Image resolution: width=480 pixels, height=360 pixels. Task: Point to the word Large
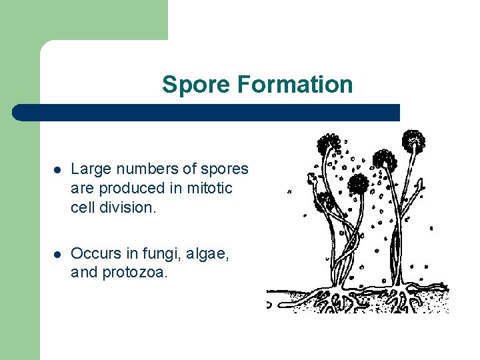point(87,170)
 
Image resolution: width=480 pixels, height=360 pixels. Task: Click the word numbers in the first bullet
point(139,169)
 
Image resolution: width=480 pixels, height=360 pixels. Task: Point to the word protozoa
point(135,272)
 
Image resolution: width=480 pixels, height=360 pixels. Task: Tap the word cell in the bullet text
point(81,207)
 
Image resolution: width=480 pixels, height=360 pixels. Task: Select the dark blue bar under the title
point(207,112)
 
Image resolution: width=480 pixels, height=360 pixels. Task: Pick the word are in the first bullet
point(82,189)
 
